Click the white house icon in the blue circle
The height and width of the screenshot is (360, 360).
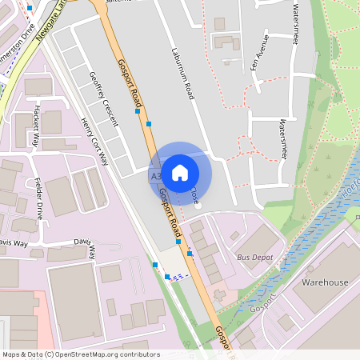click(x=180, y=173)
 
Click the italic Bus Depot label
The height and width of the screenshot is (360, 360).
click(x=254, y=258)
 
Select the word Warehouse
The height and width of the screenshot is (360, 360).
click(x=325, y=282)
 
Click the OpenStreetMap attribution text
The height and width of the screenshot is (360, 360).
click(x=81, y=354)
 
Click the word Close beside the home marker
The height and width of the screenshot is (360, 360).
click(x=194, y=194)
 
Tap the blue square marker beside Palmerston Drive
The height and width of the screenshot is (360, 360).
click(x=30, y=6)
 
